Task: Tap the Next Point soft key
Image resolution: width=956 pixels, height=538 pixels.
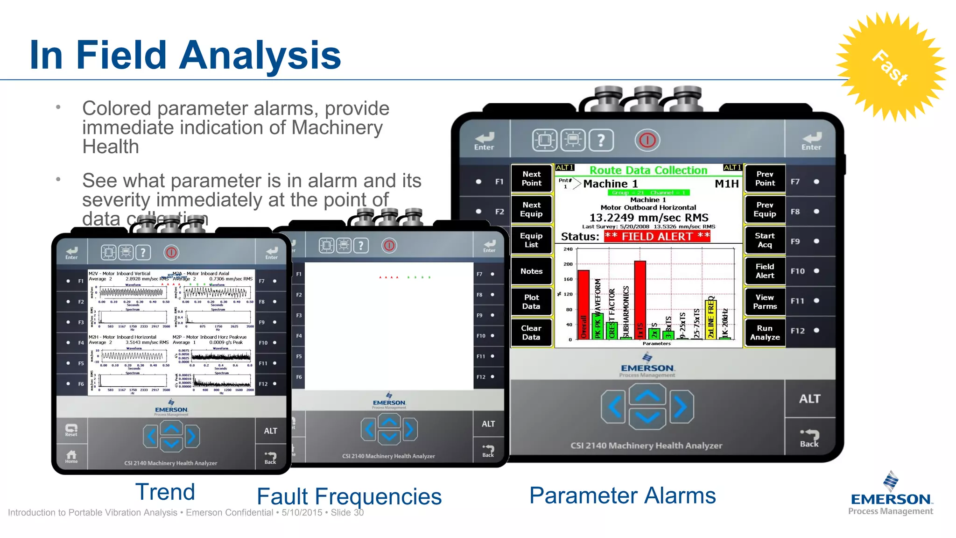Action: (531, 178)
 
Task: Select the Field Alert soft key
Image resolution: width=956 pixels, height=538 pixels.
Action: (765, 271)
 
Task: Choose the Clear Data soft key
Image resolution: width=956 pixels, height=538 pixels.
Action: (531, 333)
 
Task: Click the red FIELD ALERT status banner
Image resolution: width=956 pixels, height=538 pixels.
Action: (657, 236)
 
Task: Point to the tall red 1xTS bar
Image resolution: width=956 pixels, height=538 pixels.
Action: (640, 299)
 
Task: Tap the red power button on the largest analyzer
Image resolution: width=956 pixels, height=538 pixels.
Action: (647, 140)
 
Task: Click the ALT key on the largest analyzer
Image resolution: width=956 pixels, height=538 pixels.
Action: (809, 399)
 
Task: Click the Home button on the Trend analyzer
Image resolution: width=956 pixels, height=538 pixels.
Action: (71, 456)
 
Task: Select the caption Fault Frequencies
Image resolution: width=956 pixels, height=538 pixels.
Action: (349, 496)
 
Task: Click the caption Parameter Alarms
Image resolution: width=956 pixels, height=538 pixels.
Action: (622, 496)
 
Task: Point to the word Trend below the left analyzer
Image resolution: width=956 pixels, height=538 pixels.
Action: (165, 492)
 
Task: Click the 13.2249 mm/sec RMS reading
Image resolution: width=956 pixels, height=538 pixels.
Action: (649, 218)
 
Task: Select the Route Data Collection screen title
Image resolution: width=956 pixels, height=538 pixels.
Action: (648, 170)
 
